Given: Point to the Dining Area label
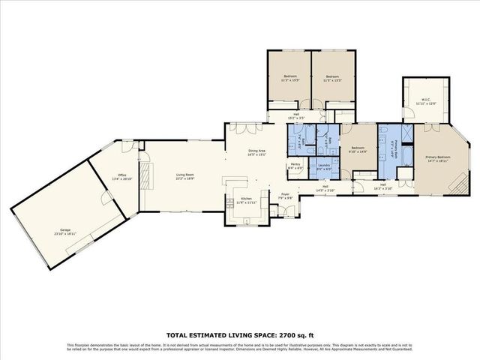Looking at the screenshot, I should pyautogui.click(x=257, y=153).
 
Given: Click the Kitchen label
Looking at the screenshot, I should pyautogui.click(x=246, y=201).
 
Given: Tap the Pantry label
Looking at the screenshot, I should pyautogui.click(x=295, y=166).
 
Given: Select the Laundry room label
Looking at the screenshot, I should pyautogui.click(x=324, y=166).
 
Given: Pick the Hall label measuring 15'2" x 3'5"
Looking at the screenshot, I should pyautogui.click(x=296, y=116).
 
